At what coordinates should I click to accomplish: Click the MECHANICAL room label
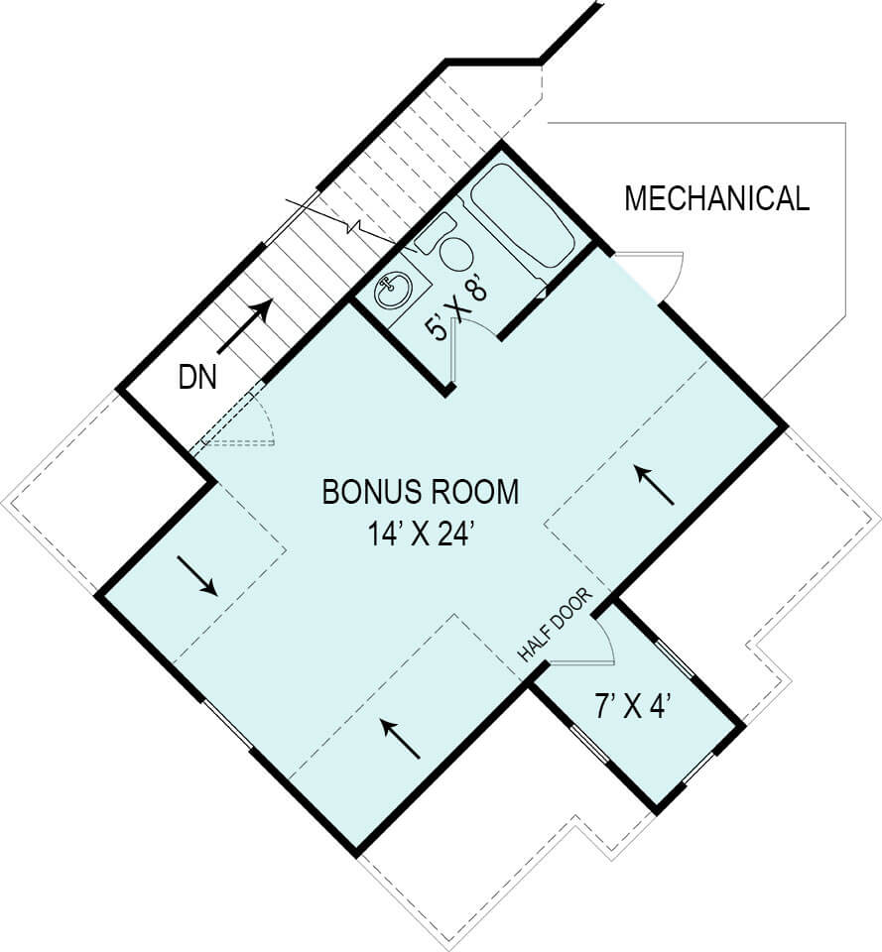[x=716, y=198]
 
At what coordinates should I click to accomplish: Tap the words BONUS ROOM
[x=420, y=492]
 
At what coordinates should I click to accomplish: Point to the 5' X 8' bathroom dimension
[x=458, y=308]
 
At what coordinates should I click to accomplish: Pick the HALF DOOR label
[x=556, y=626]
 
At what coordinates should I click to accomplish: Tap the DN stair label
[x=197, y=378]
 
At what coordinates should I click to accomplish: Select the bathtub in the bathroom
[x=522, y=215]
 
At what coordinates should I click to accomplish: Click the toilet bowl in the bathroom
[x=455, y=254]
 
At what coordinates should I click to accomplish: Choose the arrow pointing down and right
[x=197, y=576]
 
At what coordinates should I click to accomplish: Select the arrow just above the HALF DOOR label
[x=655, y=485]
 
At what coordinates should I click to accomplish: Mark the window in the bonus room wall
[x=227, y=725]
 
